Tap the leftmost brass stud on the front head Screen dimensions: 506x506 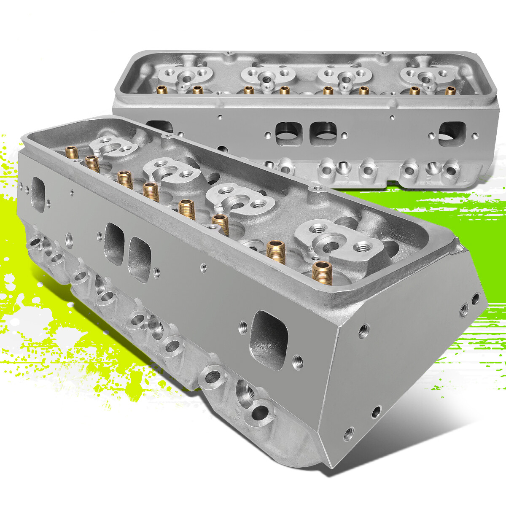[x=72, y=152]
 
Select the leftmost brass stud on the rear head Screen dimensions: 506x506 [x=161, y=89]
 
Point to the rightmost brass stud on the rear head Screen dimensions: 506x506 [x=451, y=90]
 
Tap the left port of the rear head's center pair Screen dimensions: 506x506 [x=287, y=134]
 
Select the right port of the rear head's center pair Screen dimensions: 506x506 [x=323, y=134]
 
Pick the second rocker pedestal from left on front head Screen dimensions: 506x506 [x=171, y=171]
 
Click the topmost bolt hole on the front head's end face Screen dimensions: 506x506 [x=475, y=299]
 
